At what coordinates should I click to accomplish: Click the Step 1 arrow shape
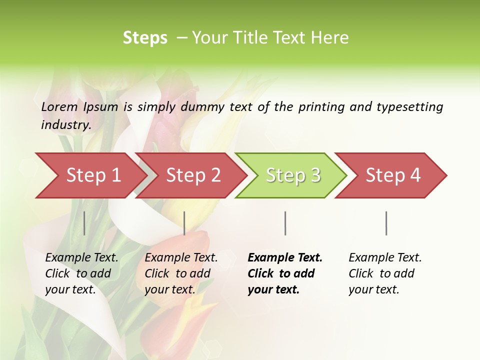click(x=90, y=175)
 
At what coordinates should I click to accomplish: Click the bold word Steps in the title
click(x=145, y=38)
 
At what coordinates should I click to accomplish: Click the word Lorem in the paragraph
click(x=59, y=106)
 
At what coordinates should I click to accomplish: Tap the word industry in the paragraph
click(x=65, y=125)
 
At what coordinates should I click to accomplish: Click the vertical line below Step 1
click(x=84, y=223)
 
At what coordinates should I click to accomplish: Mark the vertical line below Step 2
click(x=184, y=223)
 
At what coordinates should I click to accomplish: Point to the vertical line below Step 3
click(x=285, y=223)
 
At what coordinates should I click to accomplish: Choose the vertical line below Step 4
click(x=386, y=223)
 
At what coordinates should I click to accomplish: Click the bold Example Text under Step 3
click(x=285, y=258)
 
